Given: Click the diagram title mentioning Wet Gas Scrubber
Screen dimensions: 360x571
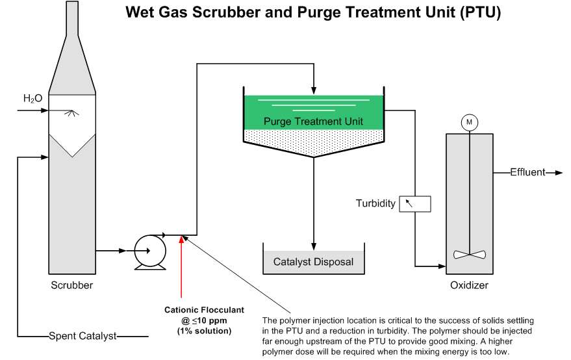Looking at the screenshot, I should click(322, 12).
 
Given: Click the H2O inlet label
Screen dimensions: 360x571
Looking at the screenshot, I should click(32, 99).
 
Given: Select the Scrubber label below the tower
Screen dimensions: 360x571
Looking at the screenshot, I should click(71, 285).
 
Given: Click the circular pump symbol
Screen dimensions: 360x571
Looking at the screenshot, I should click(149, 250).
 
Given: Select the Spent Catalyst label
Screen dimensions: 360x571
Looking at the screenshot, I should click(82, 336).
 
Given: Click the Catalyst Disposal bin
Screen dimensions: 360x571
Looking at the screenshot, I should click(314, 262).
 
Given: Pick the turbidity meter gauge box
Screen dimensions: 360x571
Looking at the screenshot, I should click(414, 203).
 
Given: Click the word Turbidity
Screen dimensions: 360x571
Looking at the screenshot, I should click(375, 203).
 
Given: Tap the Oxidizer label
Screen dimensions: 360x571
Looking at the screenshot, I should click(469, 285).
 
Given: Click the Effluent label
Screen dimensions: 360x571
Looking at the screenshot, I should click(527, 172).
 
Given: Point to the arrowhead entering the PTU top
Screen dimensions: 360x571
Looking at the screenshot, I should click(314, 90).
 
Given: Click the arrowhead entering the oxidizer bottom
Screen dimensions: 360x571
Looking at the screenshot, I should click(442, 266).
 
